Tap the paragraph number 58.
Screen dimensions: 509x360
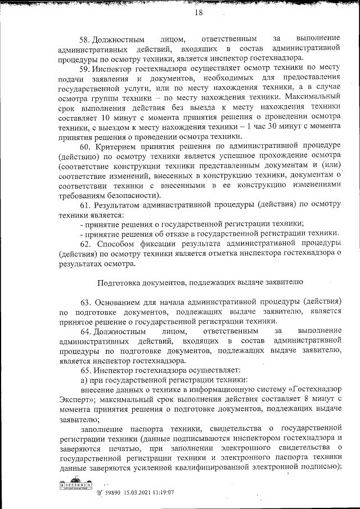(85, 40)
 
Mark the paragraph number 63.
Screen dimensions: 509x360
(85, 301)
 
